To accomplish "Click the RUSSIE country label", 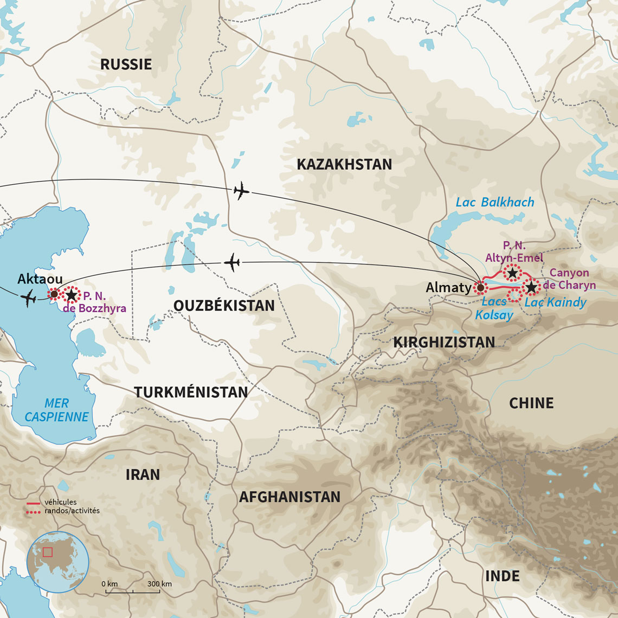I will click(x=126, y=65).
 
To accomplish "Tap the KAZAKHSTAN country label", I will click(x=344, y=165).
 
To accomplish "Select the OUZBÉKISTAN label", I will click(x=224, y=306).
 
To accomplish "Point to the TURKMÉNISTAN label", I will click(x=191, y=392).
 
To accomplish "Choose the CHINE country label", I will click(x=531, y=403).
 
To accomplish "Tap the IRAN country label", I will click(x=143, y=475).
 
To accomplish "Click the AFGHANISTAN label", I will click(x=289, y=497).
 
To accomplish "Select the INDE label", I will click(x=502, y=576).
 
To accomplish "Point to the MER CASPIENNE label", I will click(x=56, y=410).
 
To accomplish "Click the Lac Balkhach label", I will click(x=494, y=202).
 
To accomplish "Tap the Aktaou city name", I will click(x=40, y=279).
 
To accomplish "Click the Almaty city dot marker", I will click(x=480, y=287).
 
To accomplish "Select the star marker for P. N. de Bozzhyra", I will click(x=71, y=295).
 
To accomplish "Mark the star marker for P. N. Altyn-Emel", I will click(x=512, y=273).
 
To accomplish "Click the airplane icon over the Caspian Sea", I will click(x=28, y=298).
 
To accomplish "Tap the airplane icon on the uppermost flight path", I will click(x=241, y=191).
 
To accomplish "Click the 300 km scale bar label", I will click(x=159, y=584).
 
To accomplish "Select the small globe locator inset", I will click(x=57, y=562).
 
